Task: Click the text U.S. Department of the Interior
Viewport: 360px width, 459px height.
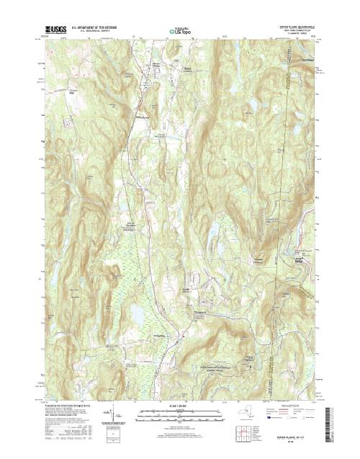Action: pyautogui.click(x=94, y=27)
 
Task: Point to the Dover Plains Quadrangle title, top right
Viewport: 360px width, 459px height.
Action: pyautogui.click(x=299, y=27)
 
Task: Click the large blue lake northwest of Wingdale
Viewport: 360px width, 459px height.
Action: pyautogui.click(x=135, y=313)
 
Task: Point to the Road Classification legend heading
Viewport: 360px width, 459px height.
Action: pyautogui.click(x=295, y=406)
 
